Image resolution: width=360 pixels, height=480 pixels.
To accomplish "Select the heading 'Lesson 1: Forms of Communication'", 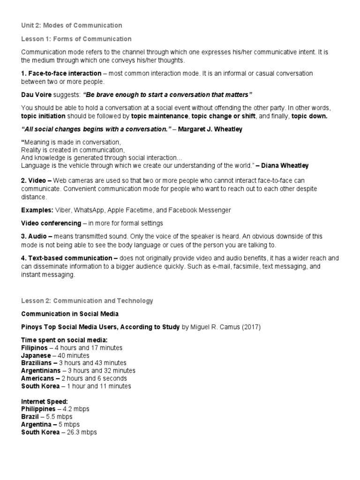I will click(76, 39).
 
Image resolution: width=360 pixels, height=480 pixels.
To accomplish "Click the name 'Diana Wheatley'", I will click(285, 166).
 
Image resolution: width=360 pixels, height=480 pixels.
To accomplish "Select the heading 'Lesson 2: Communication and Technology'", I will click(87, 300).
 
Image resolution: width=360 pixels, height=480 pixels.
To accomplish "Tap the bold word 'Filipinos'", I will click(35, 348).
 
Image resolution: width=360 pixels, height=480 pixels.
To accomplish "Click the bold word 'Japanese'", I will click(36, 355).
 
